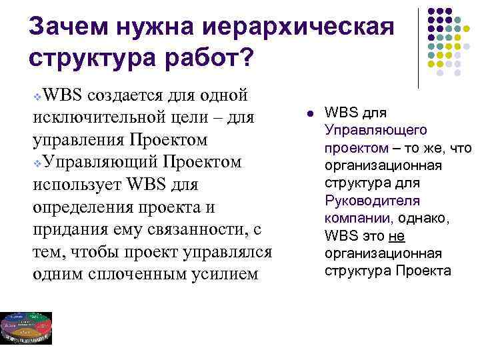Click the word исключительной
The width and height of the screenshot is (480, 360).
pyautogui.click(x=84, y=119)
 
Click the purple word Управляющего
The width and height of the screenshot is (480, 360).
pyautogui.click(x=367, y=129)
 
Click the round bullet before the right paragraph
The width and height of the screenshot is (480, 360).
pyautogui.click(x=304, y=113)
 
